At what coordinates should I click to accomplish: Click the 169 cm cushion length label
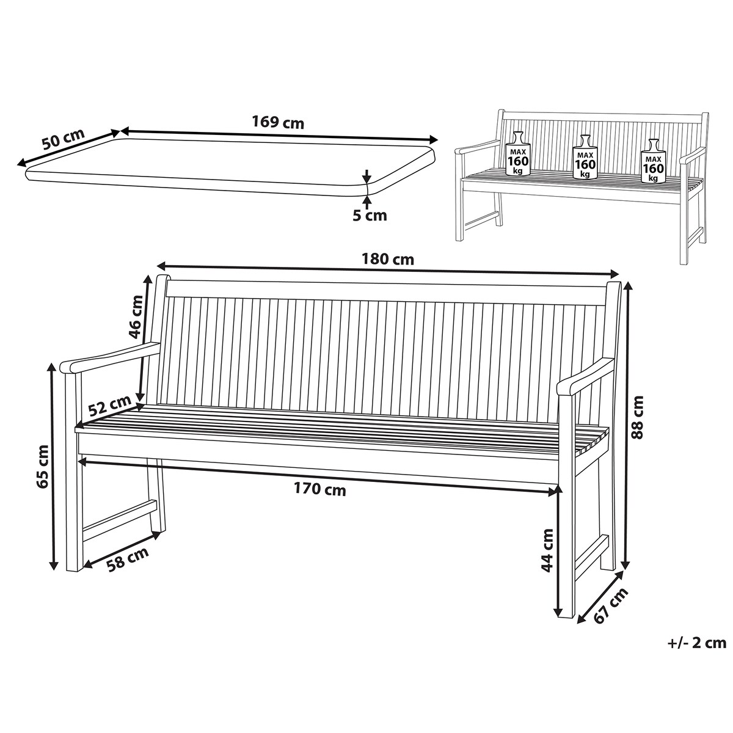tap(278, 123)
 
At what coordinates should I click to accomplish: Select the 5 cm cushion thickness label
tap(370, 216)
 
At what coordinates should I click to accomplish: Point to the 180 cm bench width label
tap(387, 260)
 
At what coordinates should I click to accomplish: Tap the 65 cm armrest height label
tap(42, 467)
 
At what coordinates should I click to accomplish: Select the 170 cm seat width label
tap(319, 489)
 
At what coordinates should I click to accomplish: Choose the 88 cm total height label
tap(636, 417)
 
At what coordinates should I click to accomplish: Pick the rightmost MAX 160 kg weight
tap(653, 161)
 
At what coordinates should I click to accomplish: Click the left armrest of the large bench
tap(111, 358)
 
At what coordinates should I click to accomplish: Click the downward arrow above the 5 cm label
tap(366, 177)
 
